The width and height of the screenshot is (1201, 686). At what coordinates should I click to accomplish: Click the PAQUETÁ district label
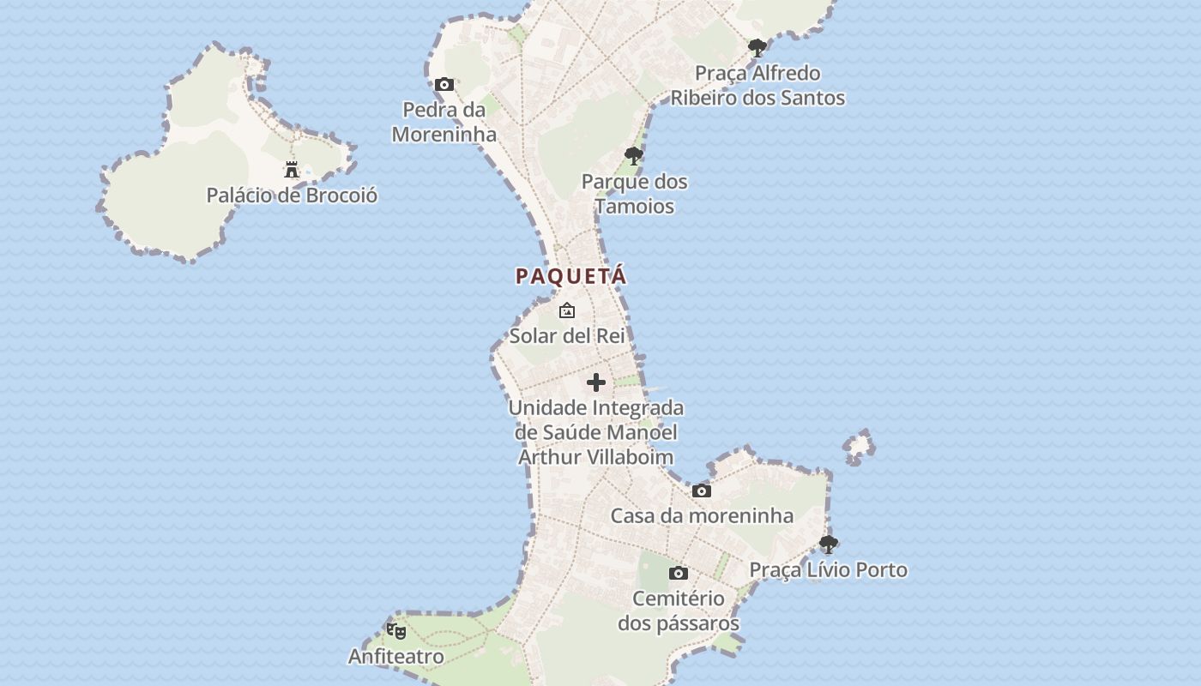point(571,276)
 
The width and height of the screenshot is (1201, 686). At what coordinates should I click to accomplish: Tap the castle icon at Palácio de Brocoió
point(292,169)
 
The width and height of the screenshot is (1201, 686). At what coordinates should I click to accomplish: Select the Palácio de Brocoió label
point(292,196)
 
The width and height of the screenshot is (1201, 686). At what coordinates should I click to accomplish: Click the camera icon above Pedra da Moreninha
point(444,84)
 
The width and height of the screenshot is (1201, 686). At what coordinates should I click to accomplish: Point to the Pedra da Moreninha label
point(444,122)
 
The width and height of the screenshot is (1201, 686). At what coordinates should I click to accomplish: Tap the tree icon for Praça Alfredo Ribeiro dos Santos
point(757,48)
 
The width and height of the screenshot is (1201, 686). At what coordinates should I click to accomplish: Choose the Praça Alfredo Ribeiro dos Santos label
point(757,86)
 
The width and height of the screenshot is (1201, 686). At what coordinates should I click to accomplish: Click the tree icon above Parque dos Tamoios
point(634,156)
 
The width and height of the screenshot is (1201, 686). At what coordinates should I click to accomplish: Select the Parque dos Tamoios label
point(635,194)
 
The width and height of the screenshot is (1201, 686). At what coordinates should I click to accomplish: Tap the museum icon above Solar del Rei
point(567,310)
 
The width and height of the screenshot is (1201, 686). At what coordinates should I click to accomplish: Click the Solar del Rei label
point(567,335)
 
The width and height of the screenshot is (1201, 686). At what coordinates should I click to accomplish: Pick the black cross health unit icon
point(596,382)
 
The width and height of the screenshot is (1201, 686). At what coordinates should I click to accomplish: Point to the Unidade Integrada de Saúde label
point(596,432)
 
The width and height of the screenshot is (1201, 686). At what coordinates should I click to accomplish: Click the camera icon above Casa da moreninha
point(702,490)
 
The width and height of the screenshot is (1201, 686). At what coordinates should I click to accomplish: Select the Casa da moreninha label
point(702,515)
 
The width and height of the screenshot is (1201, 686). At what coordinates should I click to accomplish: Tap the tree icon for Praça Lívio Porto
point(829,544)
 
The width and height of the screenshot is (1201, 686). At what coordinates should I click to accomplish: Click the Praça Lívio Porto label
point(829,569)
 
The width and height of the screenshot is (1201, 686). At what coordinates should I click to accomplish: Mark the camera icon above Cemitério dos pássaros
point(679,573)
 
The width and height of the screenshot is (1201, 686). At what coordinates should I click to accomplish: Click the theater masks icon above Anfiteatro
point(396,631)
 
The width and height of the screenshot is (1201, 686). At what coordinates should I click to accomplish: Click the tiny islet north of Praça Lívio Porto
point(859,446)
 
